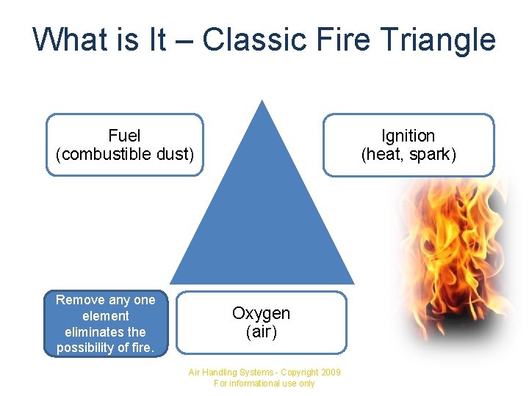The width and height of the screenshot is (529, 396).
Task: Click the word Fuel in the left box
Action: tap(124, 136)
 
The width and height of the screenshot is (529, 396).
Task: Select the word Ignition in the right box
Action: tap(408, 136)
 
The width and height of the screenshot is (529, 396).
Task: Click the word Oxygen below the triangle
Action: tap(261, 313)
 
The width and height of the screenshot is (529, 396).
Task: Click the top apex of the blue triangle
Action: tap(262, 103)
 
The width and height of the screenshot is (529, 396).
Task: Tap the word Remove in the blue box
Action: tap(81, 300)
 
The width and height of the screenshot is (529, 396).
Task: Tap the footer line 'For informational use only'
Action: tap(264, 384)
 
